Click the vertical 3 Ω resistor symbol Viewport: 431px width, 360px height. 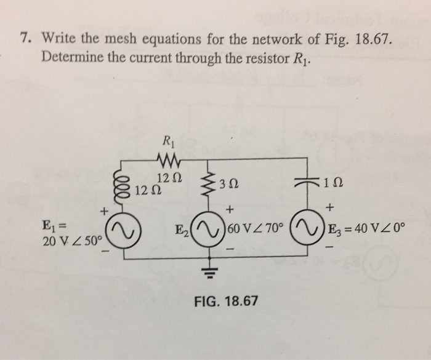coord(209,182)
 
